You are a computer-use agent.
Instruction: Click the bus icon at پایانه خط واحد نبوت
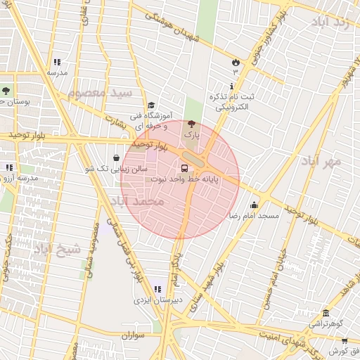coord(184,168)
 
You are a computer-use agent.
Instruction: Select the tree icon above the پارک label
coord(192,124)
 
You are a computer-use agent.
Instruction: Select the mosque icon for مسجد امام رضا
coord(254,205)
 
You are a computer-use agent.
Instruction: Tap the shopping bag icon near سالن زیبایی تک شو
coord(116,158)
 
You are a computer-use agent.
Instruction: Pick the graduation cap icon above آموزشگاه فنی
coord(150,104)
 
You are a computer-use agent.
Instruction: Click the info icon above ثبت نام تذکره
coord(233,85)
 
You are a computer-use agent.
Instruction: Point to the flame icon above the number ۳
coord(236,62)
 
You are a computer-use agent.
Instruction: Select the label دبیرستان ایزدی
coord(158,300)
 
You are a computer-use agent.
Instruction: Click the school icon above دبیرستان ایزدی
coord(157,289)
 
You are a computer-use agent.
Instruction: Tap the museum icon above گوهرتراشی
coord(325,314)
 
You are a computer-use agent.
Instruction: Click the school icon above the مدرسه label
coord(57,62)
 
